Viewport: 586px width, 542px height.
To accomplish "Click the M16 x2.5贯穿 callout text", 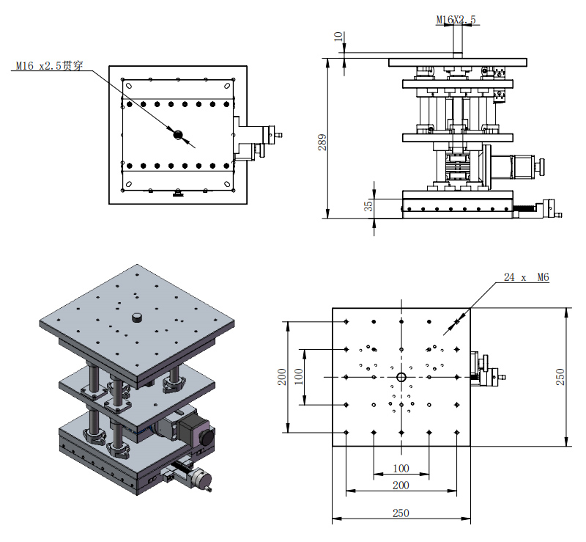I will (49, 66).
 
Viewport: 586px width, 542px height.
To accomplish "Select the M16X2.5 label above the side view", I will (456, 21).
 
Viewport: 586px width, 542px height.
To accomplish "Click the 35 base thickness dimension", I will (369, 208).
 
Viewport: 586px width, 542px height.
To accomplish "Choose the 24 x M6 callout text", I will (526, 278).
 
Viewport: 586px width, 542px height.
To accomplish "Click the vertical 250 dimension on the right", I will (560, 376).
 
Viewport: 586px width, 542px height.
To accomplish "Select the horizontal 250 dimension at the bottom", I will (400, 513).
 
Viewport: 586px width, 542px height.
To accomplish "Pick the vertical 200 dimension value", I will (282, 376).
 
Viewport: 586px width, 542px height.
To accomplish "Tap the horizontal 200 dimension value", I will (400, 486).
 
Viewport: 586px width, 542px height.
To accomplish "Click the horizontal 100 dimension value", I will (400, 468).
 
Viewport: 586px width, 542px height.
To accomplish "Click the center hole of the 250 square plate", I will (401, 377).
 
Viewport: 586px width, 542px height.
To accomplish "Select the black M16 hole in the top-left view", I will (177, 134).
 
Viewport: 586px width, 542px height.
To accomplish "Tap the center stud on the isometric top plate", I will (136, 317).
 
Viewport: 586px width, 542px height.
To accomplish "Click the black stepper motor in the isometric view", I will (194, 428).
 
